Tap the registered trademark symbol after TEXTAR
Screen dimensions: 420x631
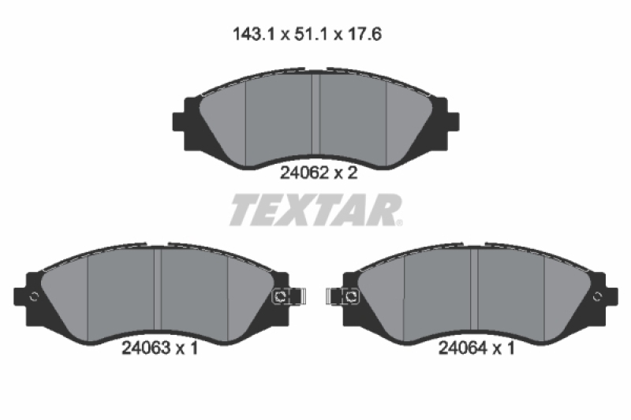pyautogui.click(x=400, y=223)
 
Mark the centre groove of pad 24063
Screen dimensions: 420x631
pyautogui.click(x=157, y=292)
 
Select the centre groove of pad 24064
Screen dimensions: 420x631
pyautogui.click(x=474, y=292)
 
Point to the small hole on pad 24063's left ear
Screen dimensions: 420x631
pyautogui.click(x=34, y=296)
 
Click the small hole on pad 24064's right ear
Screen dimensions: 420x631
pyautogui.click(x=597, y=296)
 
